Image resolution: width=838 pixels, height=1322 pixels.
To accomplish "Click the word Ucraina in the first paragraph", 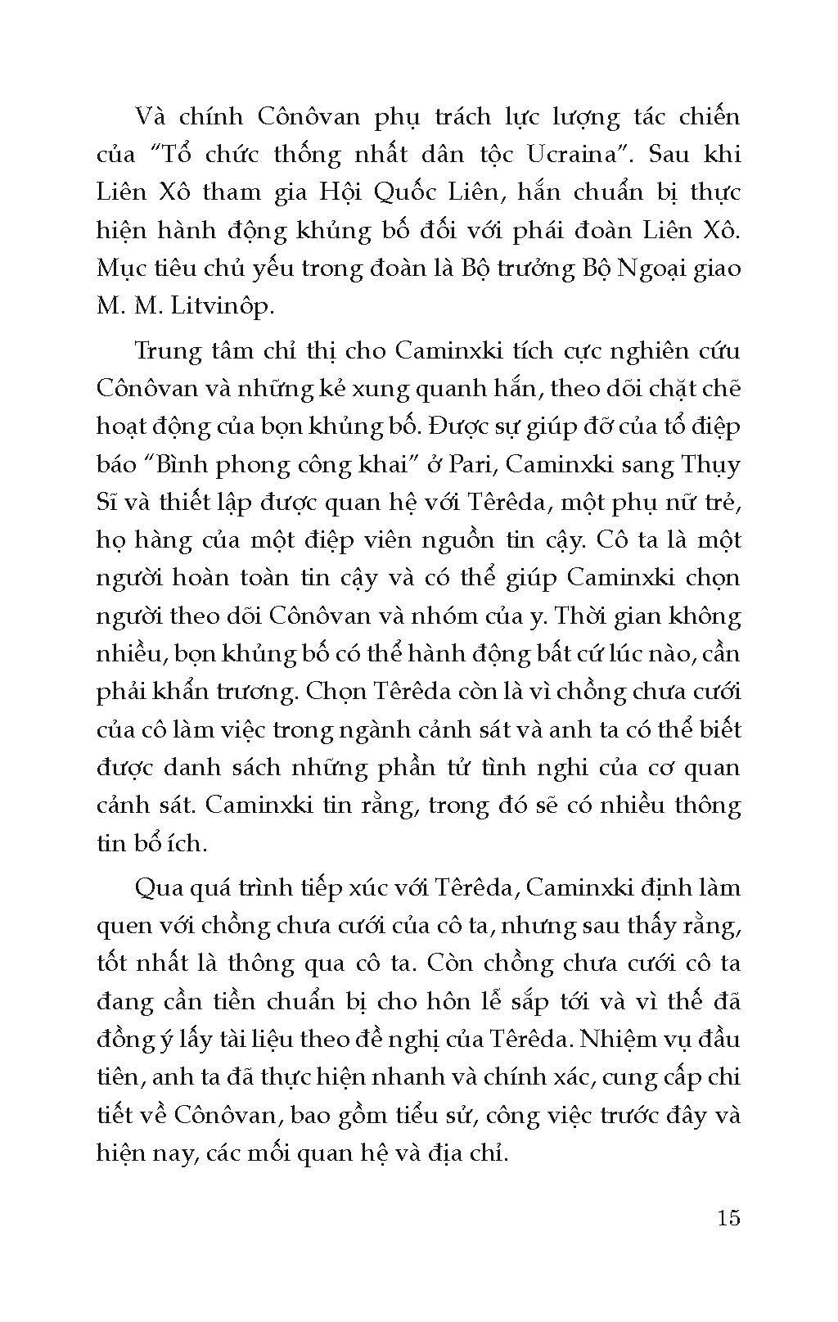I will pos(579,154).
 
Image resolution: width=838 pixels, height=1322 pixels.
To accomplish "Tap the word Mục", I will pos(121,268).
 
